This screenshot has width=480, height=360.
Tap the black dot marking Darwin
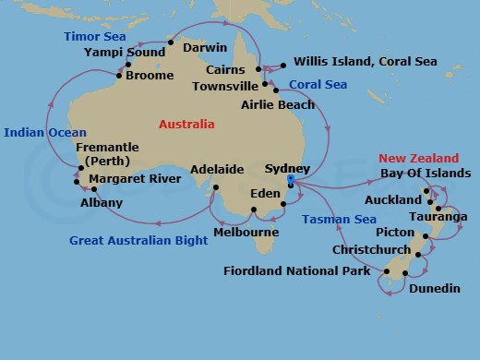[171, 42]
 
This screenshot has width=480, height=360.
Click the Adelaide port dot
[214, 187]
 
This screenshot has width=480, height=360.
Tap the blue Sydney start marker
[291, 180]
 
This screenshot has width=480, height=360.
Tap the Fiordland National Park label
[296, 271]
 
